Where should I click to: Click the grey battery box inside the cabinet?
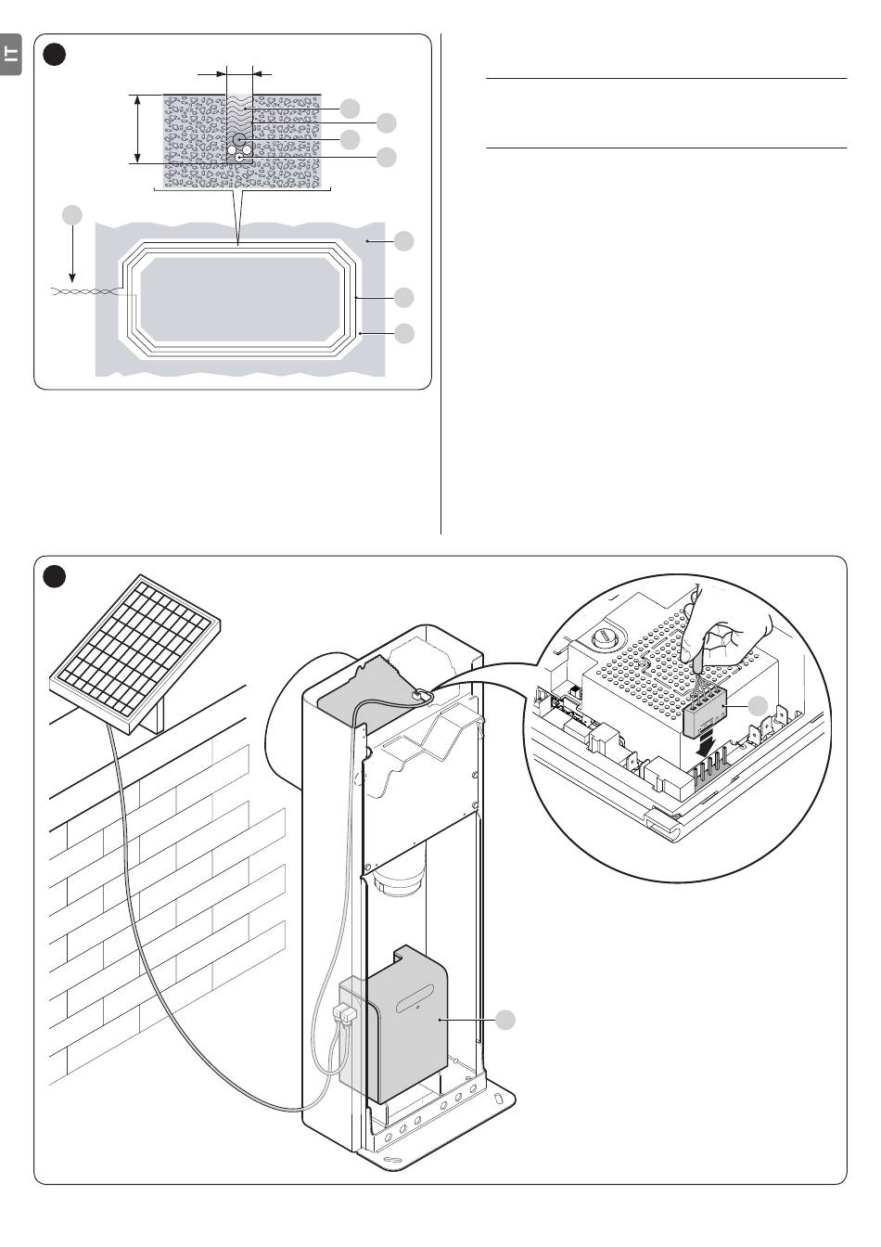408,1025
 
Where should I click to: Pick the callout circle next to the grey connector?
760,705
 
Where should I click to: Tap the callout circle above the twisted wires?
71,215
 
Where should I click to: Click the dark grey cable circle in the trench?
240,139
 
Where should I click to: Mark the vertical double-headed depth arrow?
137,129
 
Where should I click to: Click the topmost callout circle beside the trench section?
349,108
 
